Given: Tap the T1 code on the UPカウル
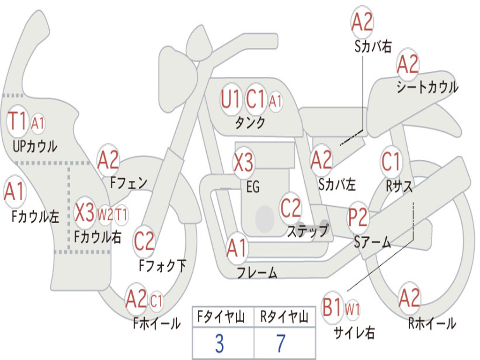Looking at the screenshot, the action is click(18, 122).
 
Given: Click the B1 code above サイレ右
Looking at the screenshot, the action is click(333, 307).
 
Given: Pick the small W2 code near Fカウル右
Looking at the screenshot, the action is click(105, 215).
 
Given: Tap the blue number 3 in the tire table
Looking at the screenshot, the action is click(219, 344).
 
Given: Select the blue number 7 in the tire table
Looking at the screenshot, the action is click(281, 344).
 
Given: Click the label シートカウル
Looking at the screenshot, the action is click(427, 87).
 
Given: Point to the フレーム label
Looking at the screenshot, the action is click(257, 272).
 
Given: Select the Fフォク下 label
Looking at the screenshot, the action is click(163, 266).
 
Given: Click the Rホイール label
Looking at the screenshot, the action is click(432, 323).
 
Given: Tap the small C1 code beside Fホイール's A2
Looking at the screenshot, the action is click(157, 300).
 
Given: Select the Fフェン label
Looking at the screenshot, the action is click(129, 183).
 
